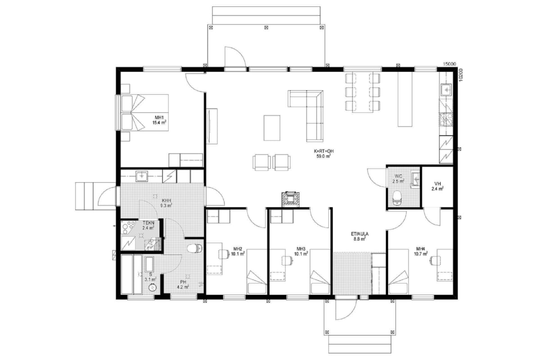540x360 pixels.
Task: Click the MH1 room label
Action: [x=159, y=117]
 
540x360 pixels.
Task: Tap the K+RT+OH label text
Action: [x=324, y=151]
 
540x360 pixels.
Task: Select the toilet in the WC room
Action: [x=397, y=198]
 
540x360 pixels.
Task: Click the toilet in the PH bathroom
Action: [x=194, y=248]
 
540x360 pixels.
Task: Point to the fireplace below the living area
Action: [x=291, y=199]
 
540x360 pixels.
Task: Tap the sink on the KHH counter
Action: [x=141, y=176]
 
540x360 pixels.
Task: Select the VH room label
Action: [x=437, y=184]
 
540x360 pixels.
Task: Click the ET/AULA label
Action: [x=360, y=234]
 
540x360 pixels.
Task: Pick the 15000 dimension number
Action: [x=450, y=64]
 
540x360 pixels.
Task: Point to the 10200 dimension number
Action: [x=460, y=75]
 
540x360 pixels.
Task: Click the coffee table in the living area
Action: [x=272, y=128]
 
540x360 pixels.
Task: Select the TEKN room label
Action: [x=148, y=223]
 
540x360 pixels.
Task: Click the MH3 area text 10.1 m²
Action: [x=301, y=254]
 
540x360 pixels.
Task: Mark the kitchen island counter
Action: [x=405, y=99]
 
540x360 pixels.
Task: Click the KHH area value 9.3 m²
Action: [x=166, y=206]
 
